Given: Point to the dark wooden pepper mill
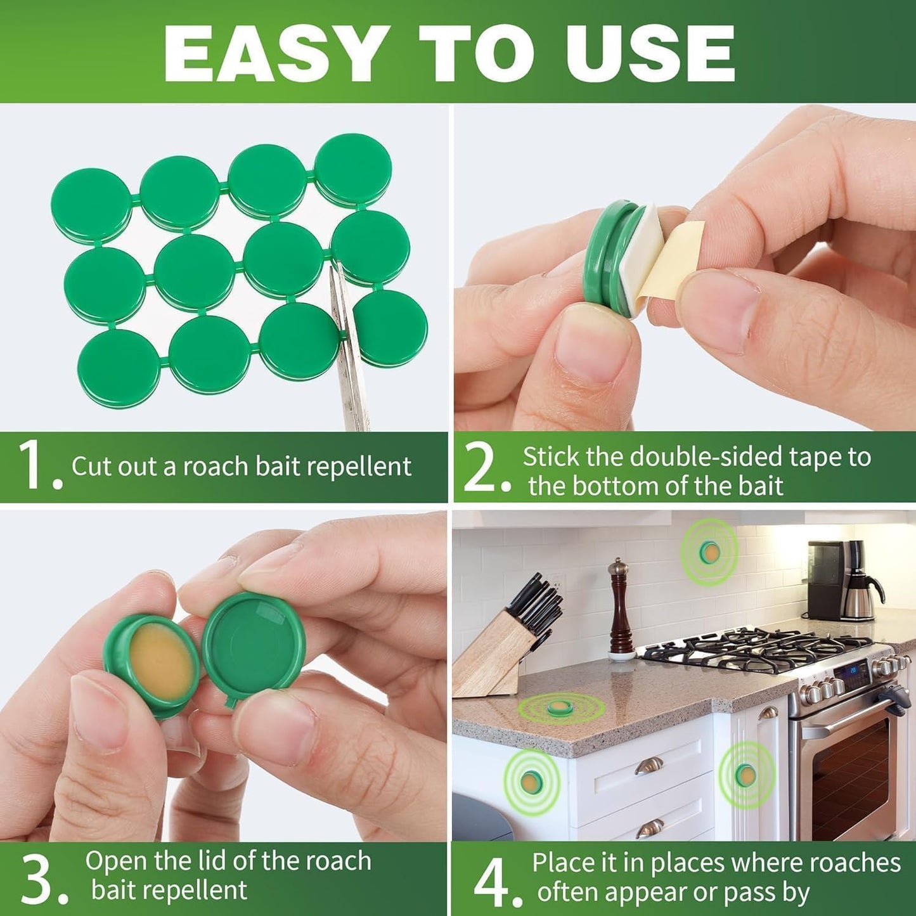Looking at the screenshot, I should [618, 609].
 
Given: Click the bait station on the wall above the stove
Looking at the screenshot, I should [709, 552].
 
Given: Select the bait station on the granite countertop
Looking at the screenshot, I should [560, 707].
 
